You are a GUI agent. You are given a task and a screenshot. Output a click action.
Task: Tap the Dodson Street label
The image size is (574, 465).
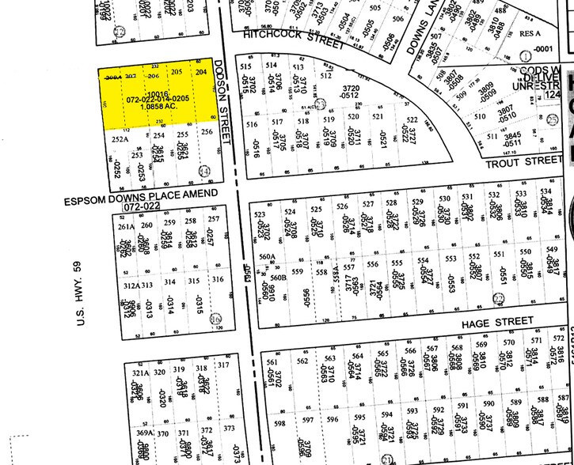[230, 102]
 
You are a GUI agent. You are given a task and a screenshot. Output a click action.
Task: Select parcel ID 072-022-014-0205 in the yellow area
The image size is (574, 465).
[158, 98]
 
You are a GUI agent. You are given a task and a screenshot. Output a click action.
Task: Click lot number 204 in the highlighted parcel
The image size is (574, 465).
[201, 73]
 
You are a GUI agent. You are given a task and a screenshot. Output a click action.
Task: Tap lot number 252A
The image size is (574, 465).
[120, 138]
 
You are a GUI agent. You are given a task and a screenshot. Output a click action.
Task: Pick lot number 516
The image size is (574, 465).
[253, 125]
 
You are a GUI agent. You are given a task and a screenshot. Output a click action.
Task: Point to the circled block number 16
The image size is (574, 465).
[217, 318]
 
